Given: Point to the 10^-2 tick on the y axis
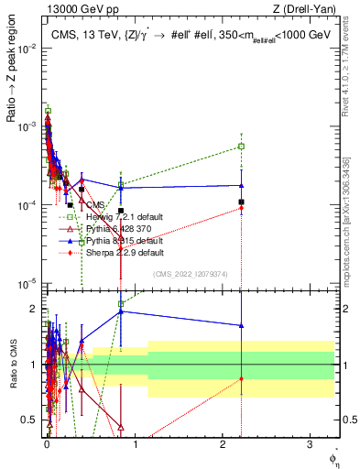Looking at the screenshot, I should point(28,45).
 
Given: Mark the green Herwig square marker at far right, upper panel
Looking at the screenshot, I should point(241,146).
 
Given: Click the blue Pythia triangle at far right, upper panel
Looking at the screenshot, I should point(241,185).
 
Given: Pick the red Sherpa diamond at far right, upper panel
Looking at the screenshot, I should point(241,208).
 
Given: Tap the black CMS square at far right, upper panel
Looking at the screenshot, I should point(241,202).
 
